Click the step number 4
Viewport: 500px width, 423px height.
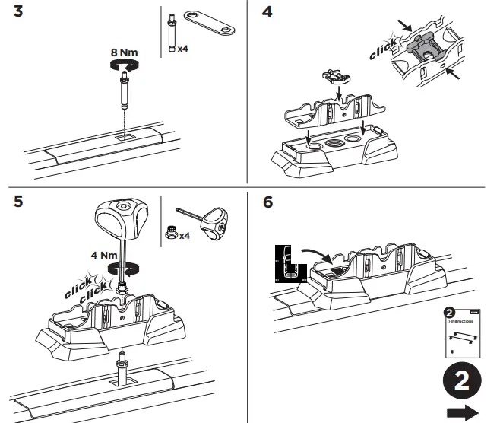tap(267, 15)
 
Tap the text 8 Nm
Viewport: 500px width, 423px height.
tap(124, 52)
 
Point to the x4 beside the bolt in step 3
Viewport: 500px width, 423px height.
tap(183, 48)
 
